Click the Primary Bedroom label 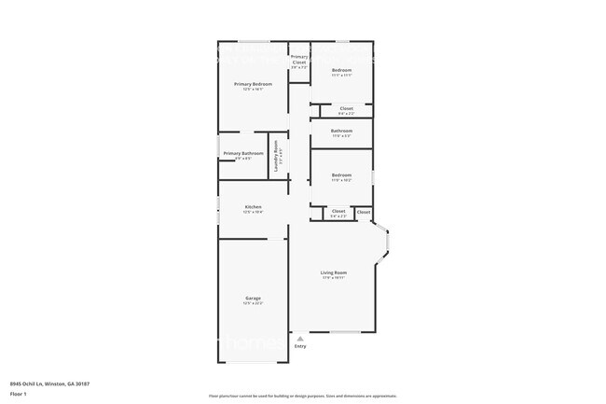(253, 84)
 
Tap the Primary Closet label (299, 59)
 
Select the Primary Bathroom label (242, 153)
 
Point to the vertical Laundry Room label (276, 152)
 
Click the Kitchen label (253, 207)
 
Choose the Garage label (253, 298)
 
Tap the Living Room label (334, 272)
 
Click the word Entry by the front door (300, 346)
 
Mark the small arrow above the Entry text (299, 339)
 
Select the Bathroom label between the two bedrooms (341, 131)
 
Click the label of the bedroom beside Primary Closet (341, 70)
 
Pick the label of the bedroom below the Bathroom (341, 175)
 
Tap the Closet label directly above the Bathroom (346, 108)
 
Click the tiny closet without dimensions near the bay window (364, 212)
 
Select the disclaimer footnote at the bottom (303, 396)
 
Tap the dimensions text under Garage (253, 303)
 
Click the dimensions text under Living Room (334, 278)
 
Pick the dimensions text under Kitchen (253, 213)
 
